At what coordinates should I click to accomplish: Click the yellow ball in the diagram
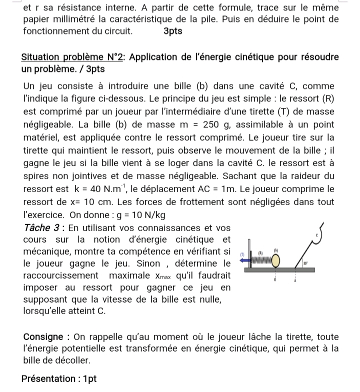275,261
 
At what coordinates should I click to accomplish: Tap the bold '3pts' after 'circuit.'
173,31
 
